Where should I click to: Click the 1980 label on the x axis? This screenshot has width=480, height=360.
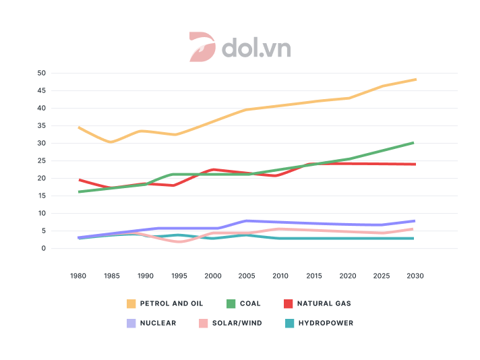79,276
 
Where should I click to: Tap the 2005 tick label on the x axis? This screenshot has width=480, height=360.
247,276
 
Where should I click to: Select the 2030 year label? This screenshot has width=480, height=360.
415,276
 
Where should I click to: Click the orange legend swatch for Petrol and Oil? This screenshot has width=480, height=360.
131,303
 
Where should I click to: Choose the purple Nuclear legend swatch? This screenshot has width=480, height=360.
131,323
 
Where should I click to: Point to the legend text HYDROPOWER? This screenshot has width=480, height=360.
328,323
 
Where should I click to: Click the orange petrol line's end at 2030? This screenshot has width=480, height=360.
415,80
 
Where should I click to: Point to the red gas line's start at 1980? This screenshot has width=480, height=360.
80,180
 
